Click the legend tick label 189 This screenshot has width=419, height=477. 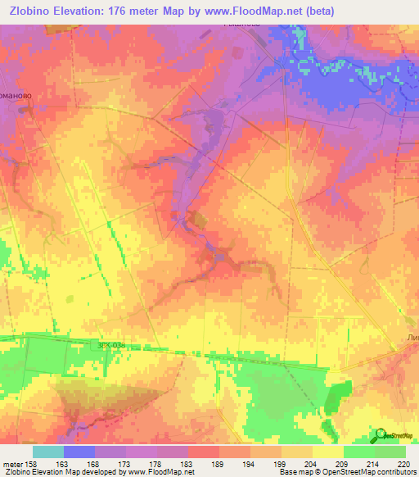218,464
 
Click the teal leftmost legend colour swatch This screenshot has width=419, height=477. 48,452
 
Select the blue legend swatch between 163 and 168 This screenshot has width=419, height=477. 79,452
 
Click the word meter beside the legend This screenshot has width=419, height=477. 11,464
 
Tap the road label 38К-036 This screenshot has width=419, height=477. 110,345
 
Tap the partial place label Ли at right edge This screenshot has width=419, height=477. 412,337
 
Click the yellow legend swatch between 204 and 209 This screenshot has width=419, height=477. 327,452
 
